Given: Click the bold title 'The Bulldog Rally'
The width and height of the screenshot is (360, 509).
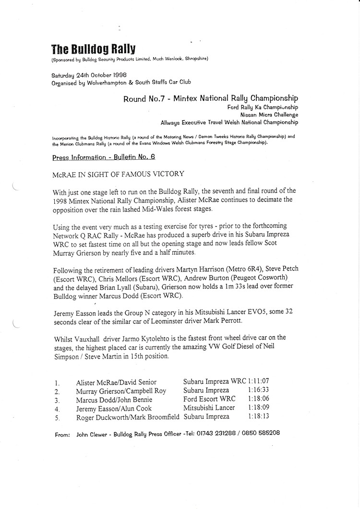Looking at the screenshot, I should click(93, 49).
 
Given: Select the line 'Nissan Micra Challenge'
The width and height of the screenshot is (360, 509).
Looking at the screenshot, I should click(269, 115).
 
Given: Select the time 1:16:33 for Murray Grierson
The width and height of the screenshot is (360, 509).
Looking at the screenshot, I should click(259, 391).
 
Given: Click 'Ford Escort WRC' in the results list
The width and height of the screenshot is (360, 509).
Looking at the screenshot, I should click(209, 399).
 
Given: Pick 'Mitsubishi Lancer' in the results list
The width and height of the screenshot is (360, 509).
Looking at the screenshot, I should click(209, 408).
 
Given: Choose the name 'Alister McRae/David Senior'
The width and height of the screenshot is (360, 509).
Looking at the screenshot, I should click(116, 382).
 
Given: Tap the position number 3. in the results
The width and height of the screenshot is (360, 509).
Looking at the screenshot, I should click(57, 400).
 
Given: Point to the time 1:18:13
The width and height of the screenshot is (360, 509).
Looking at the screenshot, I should click(259, 416).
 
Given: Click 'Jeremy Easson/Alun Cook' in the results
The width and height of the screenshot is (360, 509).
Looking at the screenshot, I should click(114, 408).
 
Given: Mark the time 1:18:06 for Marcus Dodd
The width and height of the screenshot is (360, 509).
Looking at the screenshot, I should click(259, 399).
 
